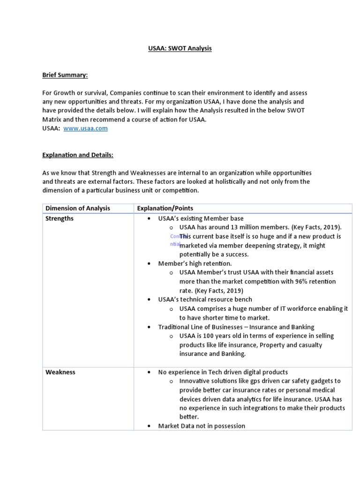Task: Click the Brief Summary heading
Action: [x=65, y=75]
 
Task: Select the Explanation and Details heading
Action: [x=78, y=155]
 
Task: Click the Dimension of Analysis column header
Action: [x=78, y=208]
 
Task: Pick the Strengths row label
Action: [x=60, y=218]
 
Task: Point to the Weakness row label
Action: [x=60, y=372]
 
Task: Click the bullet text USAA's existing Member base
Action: [x=201, y=218]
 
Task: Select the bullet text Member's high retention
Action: [x=195, y=263]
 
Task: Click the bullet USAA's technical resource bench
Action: [x=205, y=299]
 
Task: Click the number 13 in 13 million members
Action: [x=224, y=227]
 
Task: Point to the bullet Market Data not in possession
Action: [x=202, y=426]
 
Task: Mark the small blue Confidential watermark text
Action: [x=175, y=240]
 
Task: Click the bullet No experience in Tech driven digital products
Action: [x=223, y=372]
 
